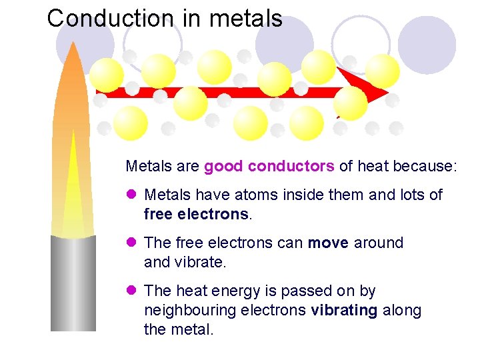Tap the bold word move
click(328, 243)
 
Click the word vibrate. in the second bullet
click(200, 262)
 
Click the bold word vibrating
click(344, 310)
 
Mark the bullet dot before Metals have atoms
click(131, 195)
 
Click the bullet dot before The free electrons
click(131, 243)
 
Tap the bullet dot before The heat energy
click(131, 291)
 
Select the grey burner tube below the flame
click(73, 283)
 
